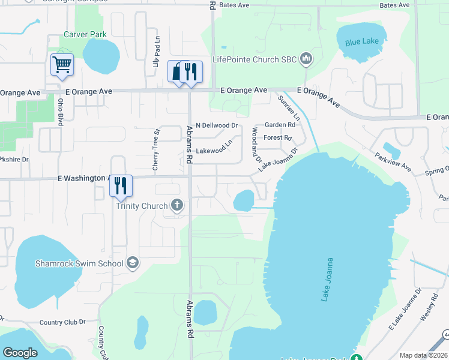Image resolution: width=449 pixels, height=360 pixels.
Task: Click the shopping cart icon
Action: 62,64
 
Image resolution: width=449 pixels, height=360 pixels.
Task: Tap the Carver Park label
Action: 85,35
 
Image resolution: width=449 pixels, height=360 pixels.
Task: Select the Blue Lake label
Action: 362,43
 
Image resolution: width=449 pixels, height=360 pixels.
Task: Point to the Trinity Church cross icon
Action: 176,206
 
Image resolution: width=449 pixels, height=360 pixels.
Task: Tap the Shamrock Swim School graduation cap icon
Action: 132,263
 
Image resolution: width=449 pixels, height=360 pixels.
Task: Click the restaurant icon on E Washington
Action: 121,185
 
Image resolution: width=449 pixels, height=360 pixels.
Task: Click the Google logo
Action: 20,353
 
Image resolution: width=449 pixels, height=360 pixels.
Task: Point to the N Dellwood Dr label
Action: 217,125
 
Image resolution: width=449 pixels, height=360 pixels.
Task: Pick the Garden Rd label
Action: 280,125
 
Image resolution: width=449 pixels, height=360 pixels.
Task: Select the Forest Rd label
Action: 277,137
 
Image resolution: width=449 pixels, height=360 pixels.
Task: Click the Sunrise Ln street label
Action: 288,107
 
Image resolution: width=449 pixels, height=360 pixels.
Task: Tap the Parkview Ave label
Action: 393,162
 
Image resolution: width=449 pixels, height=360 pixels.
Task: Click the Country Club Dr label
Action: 62,322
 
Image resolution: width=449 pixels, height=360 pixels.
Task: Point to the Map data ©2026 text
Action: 423,355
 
